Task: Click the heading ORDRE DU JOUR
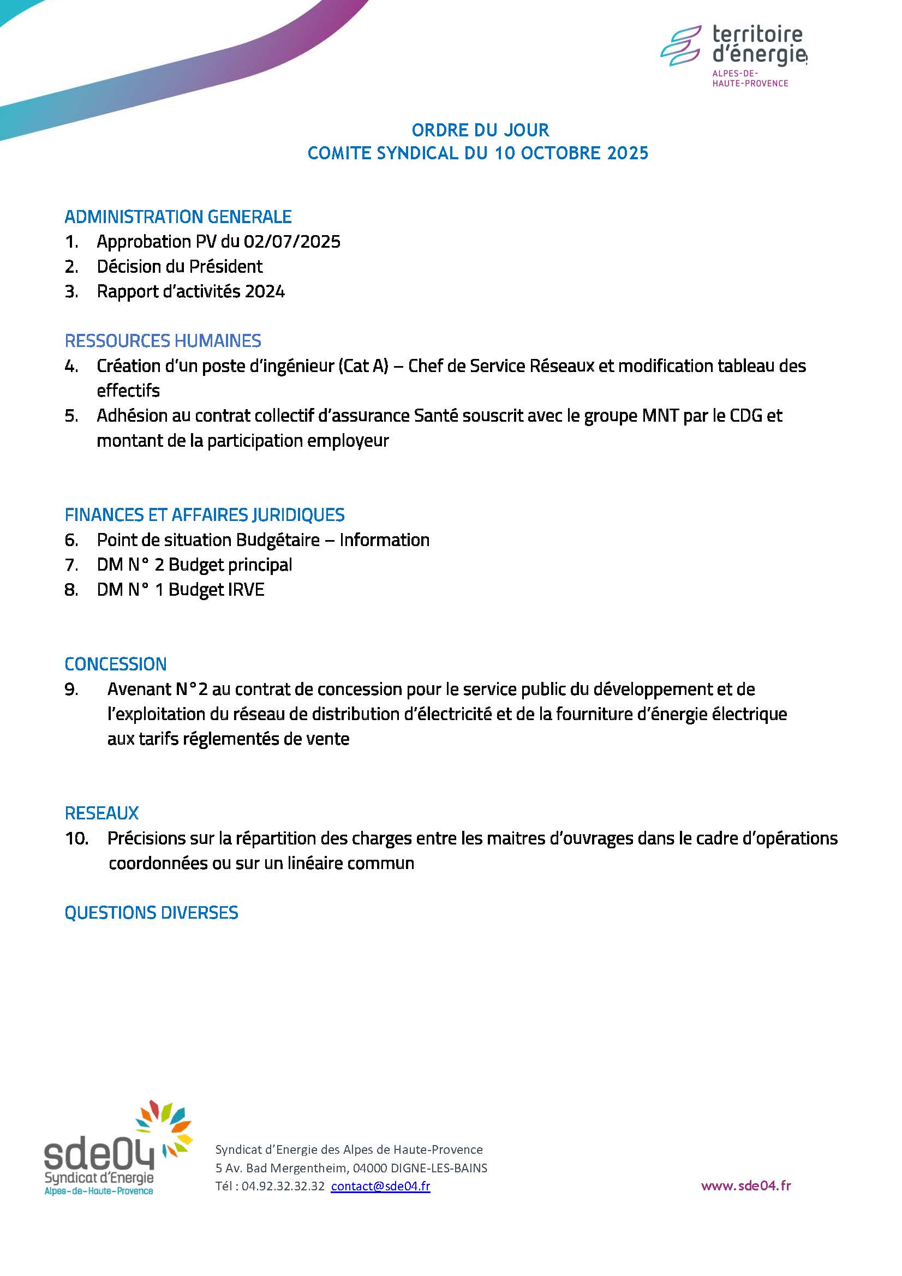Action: click(480, 130)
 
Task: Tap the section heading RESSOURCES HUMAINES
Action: click(163, 340)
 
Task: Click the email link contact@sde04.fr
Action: click(380, 1185)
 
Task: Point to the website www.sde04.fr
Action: click(746, 1185)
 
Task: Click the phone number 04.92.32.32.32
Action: click(283, 1185)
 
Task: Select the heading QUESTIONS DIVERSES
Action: click(151, 913)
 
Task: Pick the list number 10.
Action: click(77, 838)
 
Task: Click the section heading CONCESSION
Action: click(116, 663)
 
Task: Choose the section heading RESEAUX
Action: click(101, 813)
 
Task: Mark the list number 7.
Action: click(71, 565)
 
